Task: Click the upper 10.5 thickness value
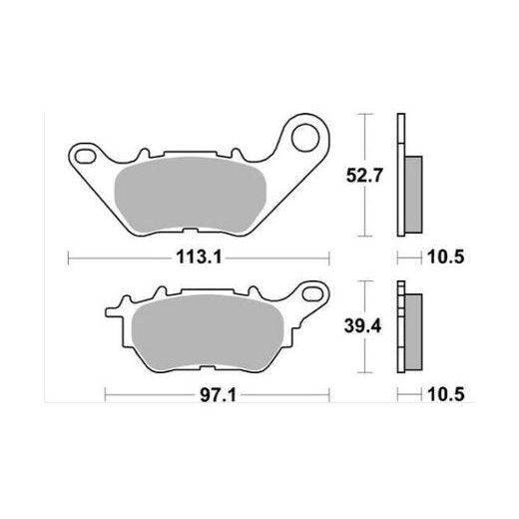[x=446, y=258]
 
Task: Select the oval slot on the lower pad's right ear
[x=314, y=293]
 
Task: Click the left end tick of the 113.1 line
[x=68, y=258]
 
